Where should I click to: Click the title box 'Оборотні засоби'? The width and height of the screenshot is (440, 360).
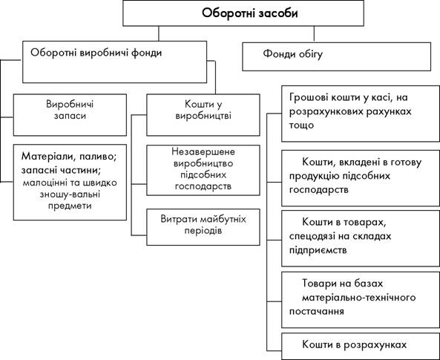pyautogui.click(x=243, y=13)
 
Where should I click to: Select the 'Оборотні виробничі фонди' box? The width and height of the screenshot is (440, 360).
pyautogui.click(x=114, y=62)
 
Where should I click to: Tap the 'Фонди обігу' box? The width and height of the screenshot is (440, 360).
pyautogui.click(x=336, y=56)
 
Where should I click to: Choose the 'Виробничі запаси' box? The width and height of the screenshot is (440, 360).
pyautogui.click(x=70, y=115)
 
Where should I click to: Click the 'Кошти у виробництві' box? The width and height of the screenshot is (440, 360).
pyautogui.click(x=203, y=115)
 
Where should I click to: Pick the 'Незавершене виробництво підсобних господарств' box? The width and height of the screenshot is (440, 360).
pyautogui.click(x=203, y=170)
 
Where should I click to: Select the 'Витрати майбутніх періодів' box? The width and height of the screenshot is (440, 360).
pyautogui.click(x=203, y=227)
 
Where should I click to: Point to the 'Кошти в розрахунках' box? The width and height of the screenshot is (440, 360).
pyautogui.click(x=361, y=346)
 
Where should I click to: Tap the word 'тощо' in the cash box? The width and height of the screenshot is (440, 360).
pyautogui.click(x=301, y=125)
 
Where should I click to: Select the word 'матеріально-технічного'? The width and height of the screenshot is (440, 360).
pyautogui.click(x=358, y=297)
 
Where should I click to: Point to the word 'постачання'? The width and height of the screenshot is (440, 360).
pyautogui.click(x=317, y=311)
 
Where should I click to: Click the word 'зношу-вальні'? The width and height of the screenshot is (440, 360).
pyautogui.click(x=70, y=194)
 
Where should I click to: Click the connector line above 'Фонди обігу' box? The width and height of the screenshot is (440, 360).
pyautogui.click(x=314, y=34)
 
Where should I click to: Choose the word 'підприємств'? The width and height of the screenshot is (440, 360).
pyautogui.click(x=318, y=250)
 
